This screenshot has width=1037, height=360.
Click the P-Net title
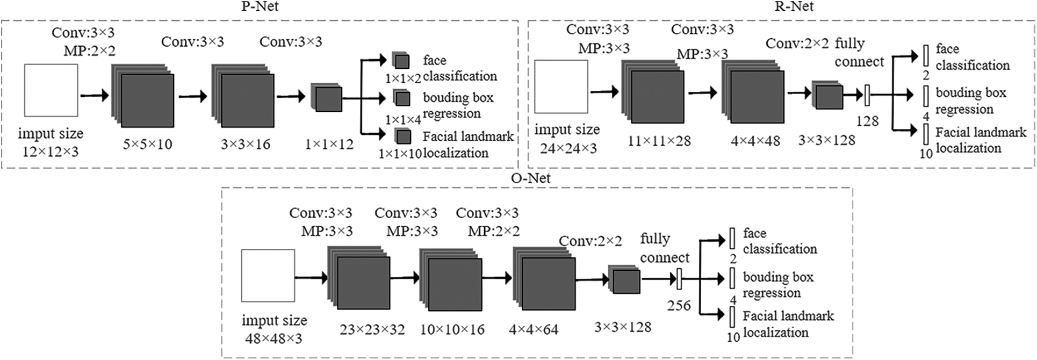tap(260, 6)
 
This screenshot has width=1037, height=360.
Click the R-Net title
tap(794, 6)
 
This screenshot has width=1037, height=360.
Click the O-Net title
tap(531, 178)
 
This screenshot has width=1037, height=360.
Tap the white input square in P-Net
tap(51, 90)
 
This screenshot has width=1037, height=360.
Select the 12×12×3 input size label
tap(51, 152)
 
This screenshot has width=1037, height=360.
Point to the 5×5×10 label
tap(147, 144)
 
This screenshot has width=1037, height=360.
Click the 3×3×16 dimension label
tap(246, 144)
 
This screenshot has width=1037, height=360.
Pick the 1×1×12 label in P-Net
tap(329, 144)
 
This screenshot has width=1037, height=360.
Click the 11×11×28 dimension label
tap(659, 141)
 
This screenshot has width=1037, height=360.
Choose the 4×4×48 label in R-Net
tap(755, 141)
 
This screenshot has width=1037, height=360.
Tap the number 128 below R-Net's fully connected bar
tap(867, 121)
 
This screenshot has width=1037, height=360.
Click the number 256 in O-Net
tap(679, 306)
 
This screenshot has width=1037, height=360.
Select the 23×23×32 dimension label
tap(372, 329)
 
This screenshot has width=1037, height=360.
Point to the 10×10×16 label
tap(452, 329)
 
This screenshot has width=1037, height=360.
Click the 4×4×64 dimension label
tap(533, 329)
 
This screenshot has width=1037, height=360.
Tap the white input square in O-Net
tap(268, 276)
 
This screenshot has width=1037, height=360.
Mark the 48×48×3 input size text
tap(273, 339)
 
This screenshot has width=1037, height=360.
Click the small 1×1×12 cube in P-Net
tap(327, 98)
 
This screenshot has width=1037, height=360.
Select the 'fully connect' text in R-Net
tap(859, 53)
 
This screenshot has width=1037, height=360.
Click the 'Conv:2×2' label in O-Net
tap(590, 241)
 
